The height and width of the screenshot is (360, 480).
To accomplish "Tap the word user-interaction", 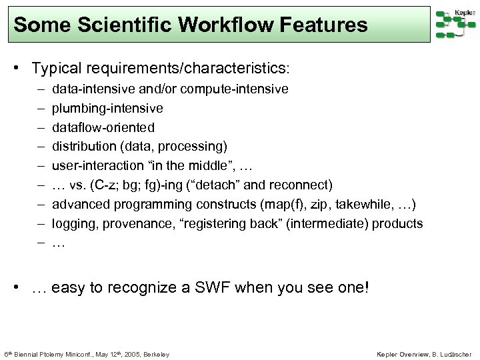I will coord(96,165).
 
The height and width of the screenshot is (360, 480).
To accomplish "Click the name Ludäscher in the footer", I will coord(454,353).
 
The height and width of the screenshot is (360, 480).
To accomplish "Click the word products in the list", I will coord(397,223).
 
